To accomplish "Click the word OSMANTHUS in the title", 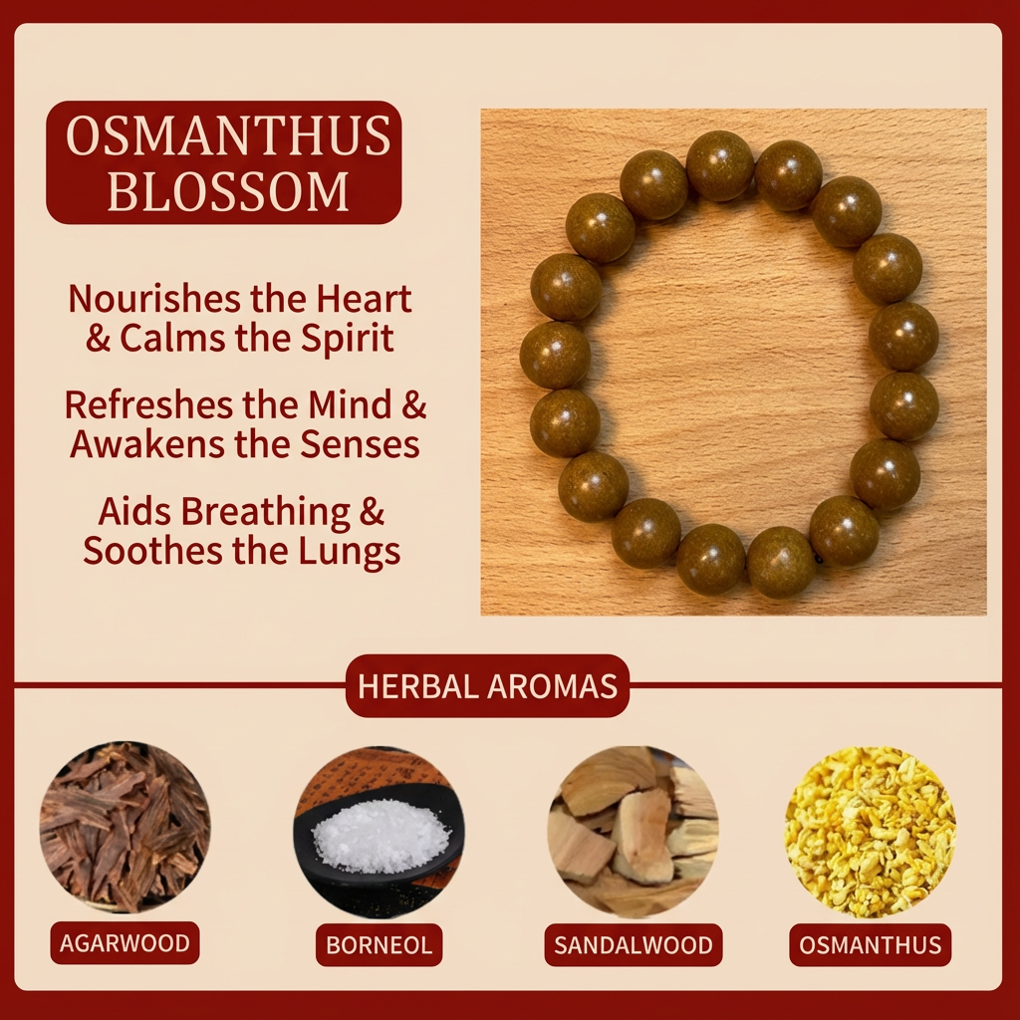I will point(228,138).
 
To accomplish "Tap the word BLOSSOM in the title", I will point(228,190).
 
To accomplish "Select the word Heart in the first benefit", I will point(365,298).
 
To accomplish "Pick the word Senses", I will point(361,444).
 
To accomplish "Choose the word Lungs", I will point(352,551).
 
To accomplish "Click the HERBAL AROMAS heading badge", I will point(487,686).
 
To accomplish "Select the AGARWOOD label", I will point(125,943).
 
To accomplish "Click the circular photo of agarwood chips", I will point(125,828).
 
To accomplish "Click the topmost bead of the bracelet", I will point(720,166).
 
